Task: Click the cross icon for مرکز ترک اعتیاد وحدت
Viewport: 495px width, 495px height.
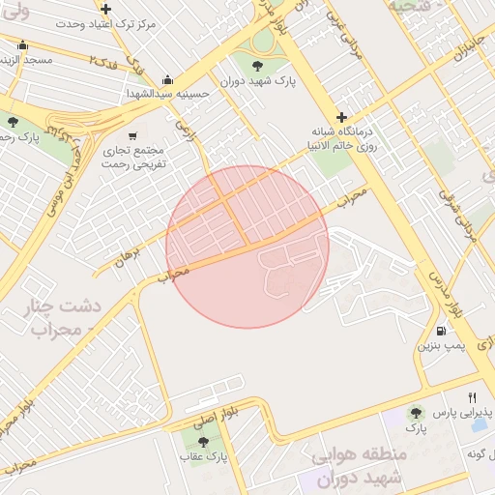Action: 105,9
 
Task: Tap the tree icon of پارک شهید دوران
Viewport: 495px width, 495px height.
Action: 257,65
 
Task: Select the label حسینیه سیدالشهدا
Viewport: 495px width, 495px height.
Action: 167,95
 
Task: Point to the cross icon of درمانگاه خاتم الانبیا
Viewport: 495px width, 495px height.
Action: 340,116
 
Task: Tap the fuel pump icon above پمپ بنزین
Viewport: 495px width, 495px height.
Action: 442,330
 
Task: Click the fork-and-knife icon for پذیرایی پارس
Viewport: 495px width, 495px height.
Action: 472,397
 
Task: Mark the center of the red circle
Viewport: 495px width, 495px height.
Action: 247,247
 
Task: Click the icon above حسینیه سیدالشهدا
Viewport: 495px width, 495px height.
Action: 167,80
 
